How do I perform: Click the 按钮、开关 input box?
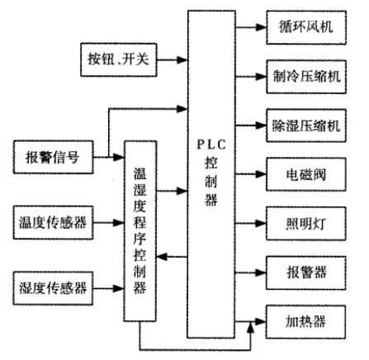(x=121, y=59)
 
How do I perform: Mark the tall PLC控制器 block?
(x=217, y=173)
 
